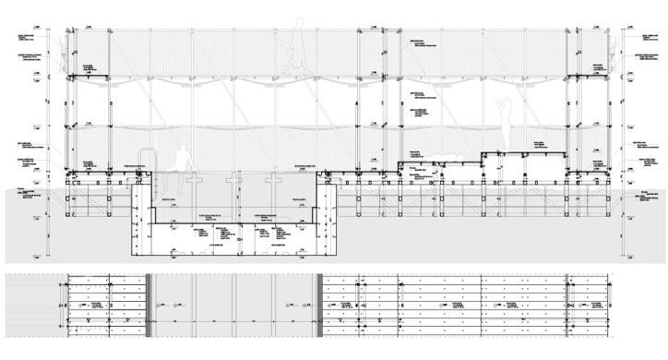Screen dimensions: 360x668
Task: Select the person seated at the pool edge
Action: [x=184, y=159]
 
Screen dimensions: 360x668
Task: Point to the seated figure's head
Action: [x=184, y=147]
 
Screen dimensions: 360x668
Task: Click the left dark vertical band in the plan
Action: [x=147, y=304]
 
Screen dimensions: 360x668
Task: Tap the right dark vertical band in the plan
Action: [x=319, y=304]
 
